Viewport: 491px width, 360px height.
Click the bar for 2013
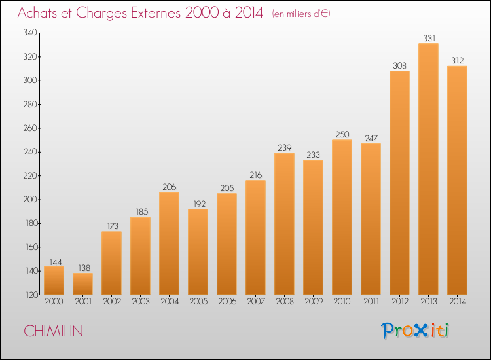tap(428, 169)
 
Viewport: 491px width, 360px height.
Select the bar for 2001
tap(82, 283)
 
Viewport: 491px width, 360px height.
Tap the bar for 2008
tap(284, 223)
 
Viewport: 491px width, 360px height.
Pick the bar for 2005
tap(198, 252)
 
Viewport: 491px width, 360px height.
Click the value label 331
tap(429, 38)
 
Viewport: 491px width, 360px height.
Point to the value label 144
tap(56, 262)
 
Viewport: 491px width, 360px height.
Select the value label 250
tap(342, 134)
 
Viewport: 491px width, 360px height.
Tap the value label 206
tap(170, 187)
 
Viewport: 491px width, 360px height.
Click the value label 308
tap(399, 65)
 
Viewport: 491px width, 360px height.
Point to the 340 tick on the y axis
tap(30, 33)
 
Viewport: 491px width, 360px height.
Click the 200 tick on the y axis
tap(30, 200)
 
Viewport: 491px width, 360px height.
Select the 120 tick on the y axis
tap(31, 295)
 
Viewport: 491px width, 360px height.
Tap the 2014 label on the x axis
tap(458, 302)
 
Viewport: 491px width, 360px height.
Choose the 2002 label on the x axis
tap(112, 302)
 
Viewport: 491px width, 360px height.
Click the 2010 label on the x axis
tap(342, 302)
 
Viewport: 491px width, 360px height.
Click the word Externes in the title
tap(156, 13)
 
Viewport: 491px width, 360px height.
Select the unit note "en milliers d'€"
tap(301, 14)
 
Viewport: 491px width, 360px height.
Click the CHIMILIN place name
tap(53, 331)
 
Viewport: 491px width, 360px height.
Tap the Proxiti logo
tap(415, 331)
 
